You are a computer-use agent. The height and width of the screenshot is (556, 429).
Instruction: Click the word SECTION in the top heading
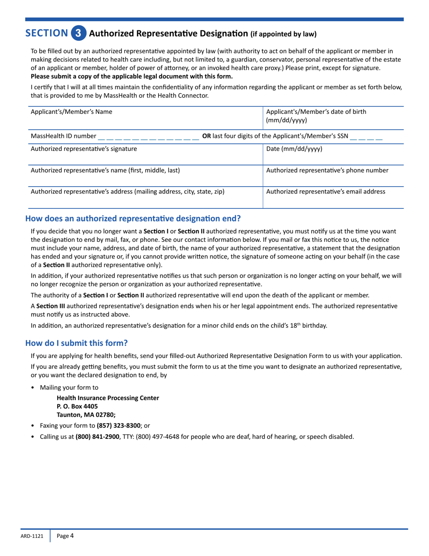pyautogui.click(x=47, y=33)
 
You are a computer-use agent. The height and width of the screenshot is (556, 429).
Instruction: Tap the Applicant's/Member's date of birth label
pyautogui.click(x=316, y=116)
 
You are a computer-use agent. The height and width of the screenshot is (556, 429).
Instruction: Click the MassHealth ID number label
pyautogui.click(x=63, y=136)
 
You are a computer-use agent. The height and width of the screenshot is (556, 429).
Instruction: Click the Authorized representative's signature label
pyautogui.click(x=84, y=148)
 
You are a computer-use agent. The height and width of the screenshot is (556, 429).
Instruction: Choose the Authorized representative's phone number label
pyautogui.click(x=327, y=170)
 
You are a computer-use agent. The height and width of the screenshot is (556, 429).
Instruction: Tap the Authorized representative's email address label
pyautogui.click(x=326, y=192)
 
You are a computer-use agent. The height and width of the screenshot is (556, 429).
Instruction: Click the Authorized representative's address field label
pyautogui.click(x=127, y=192)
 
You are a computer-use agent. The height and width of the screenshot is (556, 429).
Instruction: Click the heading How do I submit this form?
pyautogui.click(x=79, y=343)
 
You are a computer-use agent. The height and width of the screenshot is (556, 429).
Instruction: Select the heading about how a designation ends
pyautogui.click(x=133, y=219)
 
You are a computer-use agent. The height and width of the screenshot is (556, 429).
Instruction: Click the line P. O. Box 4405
pyautogui.click(x=77, y=406)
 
